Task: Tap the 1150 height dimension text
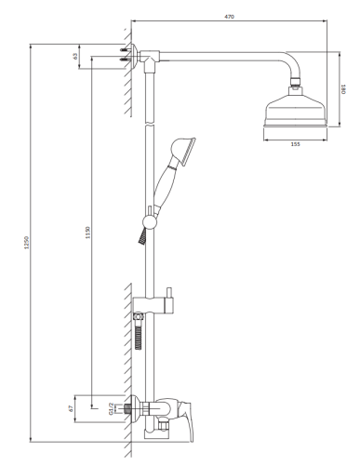[x=87, y=232]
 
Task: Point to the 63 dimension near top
[x=75, y=56]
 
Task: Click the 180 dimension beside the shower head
[x=342, y=89]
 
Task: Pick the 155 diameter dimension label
[x=294, y=144]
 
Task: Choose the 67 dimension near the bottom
[x=71, y=406]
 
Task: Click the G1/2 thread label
[x=109, y=406]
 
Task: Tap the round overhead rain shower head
[x=294, y=112]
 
